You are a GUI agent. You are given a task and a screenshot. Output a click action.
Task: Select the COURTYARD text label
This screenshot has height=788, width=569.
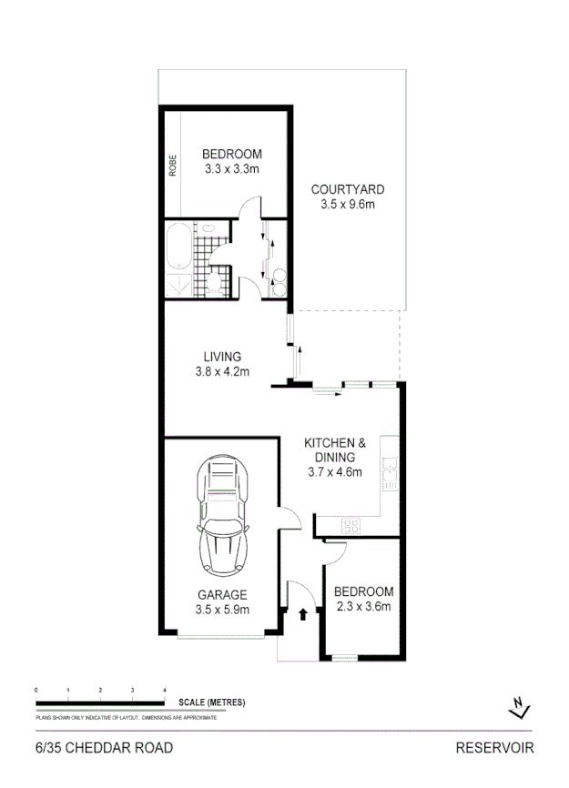tap(348, 190)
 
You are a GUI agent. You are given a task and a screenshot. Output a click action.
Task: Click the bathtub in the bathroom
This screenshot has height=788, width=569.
tap(178, 246)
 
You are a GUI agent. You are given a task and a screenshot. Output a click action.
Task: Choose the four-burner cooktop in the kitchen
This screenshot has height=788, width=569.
tap(351, 525)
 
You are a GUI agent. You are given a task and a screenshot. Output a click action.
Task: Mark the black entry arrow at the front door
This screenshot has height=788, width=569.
tap(302, 614)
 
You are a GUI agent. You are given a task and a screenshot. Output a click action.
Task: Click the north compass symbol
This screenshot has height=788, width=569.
tap(519, 707)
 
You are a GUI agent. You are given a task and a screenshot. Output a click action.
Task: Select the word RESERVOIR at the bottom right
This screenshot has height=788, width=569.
tap(494, 749)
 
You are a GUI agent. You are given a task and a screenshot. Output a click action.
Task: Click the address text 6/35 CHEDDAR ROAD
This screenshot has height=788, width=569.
tap(103, 749)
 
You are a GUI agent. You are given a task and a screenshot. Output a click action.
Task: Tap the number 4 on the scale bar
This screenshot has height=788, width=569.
tap(165, 691)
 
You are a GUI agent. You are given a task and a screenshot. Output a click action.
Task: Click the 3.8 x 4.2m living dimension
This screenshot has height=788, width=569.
tap(222, 371)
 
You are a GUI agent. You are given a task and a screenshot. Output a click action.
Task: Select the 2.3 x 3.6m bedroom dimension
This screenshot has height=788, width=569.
tap(363, 607)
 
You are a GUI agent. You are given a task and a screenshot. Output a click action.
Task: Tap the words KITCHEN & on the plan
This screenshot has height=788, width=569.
tap(334, 444)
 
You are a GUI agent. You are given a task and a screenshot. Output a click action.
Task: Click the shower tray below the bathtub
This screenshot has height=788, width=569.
tap(178, 285)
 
